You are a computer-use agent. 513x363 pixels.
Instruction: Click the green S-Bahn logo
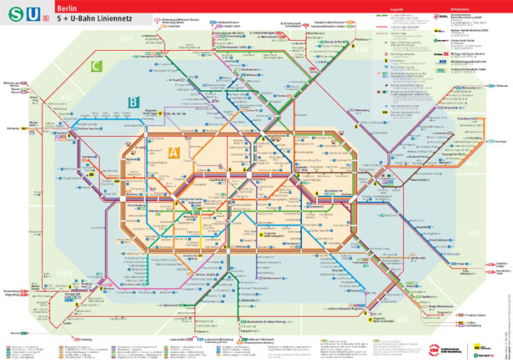[x=14, y=14]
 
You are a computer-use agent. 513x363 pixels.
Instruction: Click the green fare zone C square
[x=97, y=65]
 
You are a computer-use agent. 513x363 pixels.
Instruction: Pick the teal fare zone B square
[x=133, y=103]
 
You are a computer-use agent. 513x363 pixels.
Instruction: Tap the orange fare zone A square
[x=174, y=153]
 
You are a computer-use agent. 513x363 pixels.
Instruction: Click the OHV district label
[x=126, y=39]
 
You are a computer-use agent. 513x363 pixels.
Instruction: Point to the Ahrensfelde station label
[x=450, y=107]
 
